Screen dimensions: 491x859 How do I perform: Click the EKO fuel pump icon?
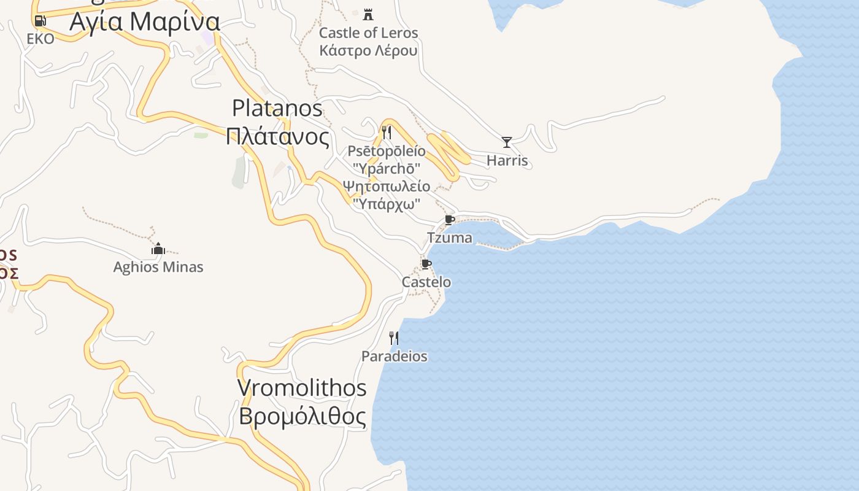[40, 21]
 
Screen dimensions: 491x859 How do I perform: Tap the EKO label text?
[40, 39]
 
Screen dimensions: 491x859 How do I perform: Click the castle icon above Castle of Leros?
[368, 14]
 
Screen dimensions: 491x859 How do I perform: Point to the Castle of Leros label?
[368, 33]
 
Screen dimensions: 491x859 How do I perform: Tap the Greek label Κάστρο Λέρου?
[368, 50]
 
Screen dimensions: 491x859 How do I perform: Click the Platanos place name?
[277, 109]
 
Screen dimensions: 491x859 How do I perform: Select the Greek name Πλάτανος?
[277, 136]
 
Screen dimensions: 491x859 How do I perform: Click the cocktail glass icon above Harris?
[507, 142]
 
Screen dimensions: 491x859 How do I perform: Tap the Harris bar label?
[507, 161]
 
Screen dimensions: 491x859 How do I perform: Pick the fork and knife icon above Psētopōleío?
[387, 132]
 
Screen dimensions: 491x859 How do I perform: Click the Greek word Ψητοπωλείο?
[387, 186]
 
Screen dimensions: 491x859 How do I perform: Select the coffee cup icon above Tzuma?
[450, 220]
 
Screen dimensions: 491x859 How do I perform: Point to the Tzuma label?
[450, 238]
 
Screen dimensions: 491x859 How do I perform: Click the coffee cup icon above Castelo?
[426, 264]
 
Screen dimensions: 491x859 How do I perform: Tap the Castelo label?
[426, 282]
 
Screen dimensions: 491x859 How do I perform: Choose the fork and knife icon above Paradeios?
[394, 338]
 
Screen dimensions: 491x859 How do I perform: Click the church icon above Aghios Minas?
[158, 249]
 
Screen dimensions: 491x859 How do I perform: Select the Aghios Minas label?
[158, 267]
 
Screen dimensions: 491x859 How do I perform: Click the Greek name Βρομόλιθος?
[302, 416]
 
